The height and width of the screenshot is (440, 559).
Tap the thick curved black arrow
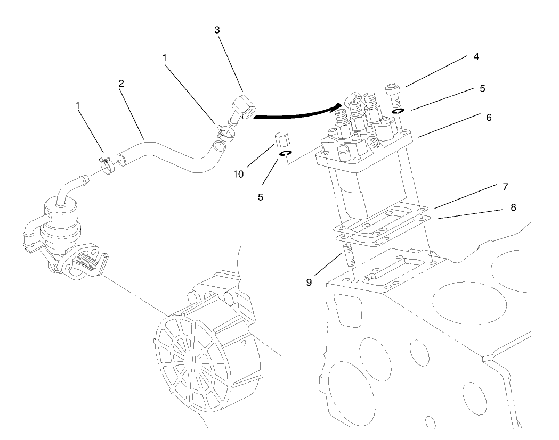pyautogui.click(x=298, y=113)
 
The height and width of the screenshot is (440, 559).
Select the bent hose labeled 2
pyautogui.click(x=165, y=154)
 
